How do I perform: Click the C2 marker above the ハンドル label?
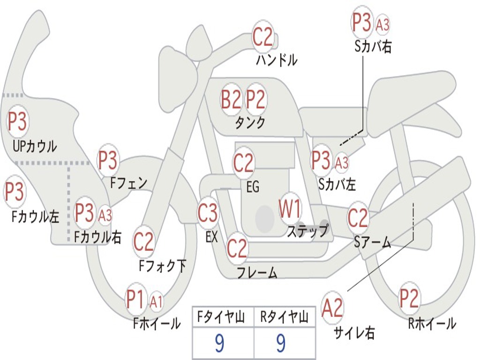point(263,37)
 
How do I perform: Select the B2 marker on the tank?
point(232,99)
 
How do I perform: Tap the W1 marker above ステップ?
point(290,209)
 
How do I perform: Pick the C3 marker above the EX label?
point(208,213)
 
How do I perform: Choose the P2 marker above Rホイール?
point(409,298)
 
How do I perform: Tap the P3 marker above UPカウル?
point(17,122)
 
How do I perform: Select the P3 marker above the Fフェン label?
point(108,161)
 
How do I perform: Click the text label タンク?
point(249,123)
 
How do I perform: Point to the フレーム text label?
point(257,272)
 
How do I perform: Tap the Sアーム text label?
point(373,242)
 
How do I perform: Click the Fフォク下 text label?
point(162,266)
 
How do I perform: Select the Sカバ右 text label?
point(373,46)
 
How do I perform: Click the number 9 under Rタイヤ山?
point(281,344)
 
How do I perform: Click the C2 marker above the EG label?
point(243,163)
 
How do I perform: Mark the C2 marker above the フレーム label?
point(237,248)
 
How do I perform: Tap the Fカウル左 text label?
point(36,217)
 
